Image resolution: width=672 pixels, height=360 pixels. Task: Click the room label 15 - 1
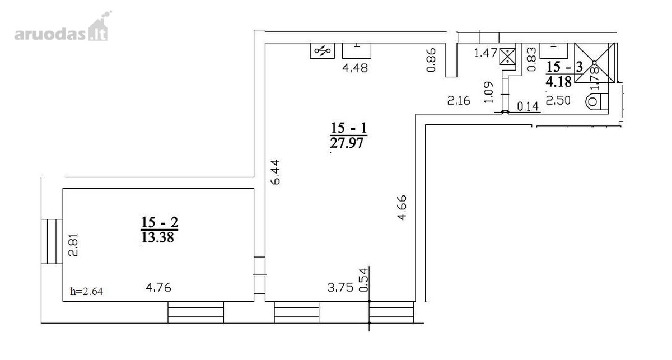[x=348, y=128]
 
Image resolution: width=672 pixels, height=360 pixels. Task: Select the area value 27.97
[x=347, y=143]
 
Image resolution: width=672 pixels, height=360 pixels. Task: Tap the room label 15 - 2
[x=160, y=222]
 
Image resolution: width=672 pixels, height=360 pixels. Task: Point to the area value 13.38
[x=158, y=237]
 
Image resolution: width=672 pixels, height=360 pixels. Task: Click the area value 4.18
[x=559, y=81]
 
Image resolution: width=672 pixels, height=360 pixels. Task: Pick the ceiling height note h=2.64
[x=86, y=291]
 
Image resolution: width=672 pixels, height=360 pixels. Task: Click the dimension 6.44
[x=276, y=171]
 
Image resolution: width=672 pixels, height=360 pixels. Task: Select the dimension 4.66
[x=402, y=208]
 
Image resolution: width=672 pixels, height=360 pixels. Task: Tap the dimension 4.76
[x=158, y=287]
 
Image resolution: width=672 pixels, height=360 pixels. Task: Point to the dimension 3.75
[x=340, y=288]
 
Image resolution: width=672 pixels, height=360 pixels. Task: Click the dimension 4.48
[x=355, y=68]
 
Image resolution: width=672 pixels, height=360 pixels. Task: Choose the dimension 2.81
[x=73, y=245]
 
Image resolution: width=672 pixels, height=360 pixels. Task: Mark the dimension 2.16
[x=459, y=101]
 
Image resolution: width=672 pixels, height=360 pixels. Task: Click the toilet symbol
[x=597, y=102]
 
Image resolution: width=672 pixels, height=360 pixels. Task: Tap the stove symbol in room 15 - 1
[x=322, y=51]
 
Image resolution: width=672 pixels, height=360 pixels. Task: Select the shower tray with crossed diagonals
[x=594, y=63]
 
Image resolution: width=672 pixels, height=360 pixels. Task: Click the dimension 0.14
[x=528, y=106]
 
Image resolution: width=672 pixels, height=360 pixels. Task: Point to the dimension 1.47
[x=486, y=53]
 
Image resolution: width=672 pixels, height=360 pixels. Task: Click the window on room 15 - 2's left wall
[x=52, y=241]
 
